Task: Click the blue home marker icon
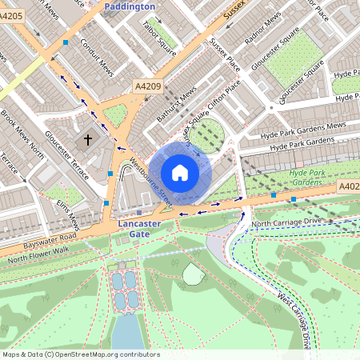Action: (x=180, y=172)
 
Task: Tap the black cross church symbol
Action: (x=88, y=140)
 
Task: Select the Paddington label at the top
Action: (x=130, y=6)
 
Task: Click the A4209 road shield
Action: (x=147, y=86)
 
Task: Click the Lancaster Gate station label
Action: (x=139, y=229)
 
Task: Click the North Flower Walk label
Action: (x=38, y=255)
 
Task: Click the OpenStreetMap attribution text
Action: (x=80, y=354)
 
